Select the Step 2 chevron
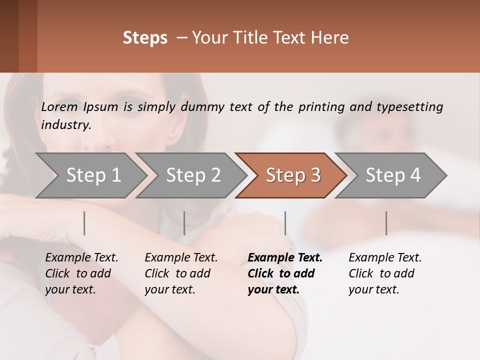point(193,175)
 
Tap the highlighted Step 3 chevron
point(293,175)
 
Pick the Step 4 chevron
point(393,175)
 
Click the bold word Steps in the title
point(145,38)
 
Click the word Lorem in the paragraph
point(59,106)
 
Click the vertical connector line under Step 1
point(84,223)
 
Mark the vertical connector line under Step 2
point(184,223)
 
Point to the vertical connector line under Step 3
point(285,223)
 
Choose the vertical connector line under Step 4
point(386,223)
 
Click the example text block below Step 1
point(81,273)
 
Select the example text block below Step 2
point(181,273)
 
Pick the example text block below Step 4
point(385,273)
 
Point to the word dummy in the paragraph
point(201,106)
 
